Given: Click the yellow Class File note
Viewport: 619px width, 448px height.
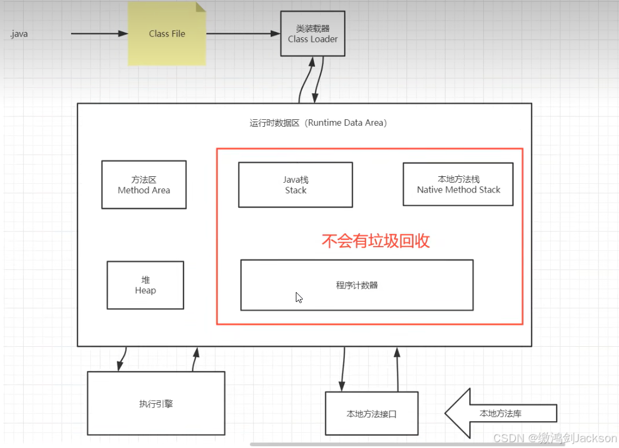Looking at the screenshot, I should [167, 34].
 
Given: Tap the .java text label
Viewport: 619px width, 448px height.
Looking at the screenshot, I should [19, 34].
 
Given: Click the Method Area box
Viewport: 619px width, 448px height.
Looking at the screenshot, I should [144, 184].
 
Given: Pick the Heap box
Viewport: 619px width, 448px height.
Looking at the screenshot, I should [145, 285].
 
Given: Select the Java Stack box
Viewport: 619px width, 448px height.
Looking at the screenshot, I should [295, 184].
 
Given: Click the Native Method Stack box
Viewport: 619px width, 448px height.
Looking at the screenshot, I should [458, 184].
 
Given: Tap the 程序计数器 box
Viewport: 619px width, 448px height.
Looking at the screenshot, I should [356, 285].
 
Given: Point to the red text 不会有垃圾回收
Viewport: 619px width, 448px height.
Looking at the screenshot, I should [376, 241].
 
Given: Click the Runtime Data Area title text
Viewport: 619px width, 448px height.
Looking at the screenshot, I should [318, 123].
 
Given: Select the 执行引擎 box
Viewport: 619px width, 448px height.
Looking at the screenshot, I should [155, 403].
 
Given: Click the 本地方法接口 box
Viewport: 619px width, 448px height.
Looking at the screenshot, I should [371, 414].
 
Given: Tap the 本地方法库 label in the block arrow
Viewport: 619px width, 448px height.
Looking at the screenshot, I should [500, 414].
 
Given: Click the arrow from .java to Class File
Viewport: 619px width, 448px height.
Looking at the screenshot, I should [99, 34].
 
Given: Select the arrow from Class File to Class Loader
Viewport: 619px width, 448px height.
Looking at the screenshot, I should [243, 34].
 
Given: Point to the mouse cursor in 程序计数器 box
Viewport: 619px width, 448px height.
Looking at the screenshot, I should [299, 297].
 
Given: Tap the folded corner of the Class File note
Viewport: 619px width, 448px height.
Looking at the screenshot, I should [200, 7].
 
